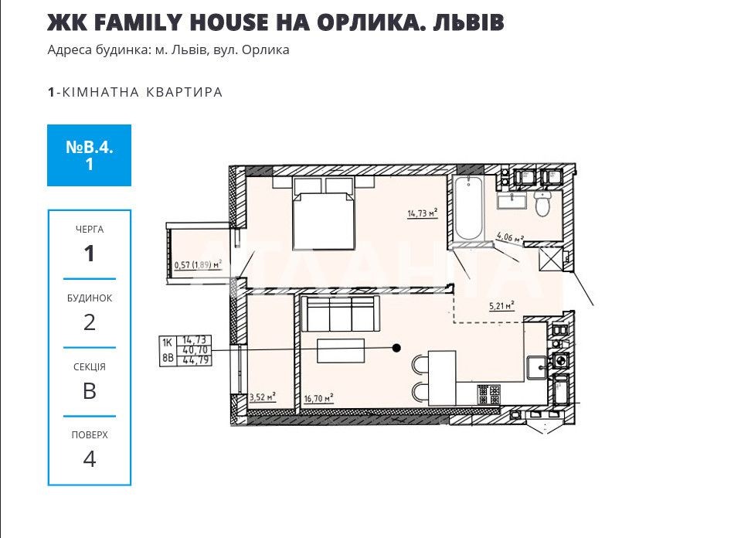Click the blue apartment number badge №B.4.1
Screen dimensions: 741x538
(90, 155)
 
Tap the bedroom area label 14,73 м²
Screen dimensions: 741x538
(423, 213)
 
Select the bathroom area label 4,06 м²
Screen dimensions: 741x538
(510, 237)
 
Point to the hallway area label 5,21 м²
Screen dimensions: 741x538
(502, 306)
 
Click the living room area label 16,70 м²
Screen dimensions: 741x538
(319, 399)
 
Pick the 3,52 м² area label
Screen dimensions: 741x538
(262, 397)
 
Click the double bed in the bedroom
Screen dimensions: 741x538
(324, 213)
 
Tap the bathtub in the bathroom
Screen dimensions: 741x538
(468, 208)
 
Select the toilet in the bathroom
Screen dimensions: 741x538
(542, 203)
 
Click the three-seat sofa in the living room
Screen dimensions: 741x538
(339, 314)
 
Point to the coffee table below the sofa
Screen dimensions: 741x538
(340, 350)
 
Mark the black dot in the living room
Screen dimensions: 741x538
(397, 349)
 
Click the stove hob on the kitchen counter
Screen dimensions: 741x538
(488, 395)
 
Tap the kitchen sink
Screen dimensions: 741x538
(537, 368)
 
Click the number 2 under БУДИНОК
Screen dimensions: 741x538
(90, 322)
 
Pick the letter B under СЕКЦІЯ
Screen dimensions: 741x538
(90, 391)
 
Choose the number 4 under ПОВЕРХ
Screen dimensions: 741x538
(90, 459)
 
